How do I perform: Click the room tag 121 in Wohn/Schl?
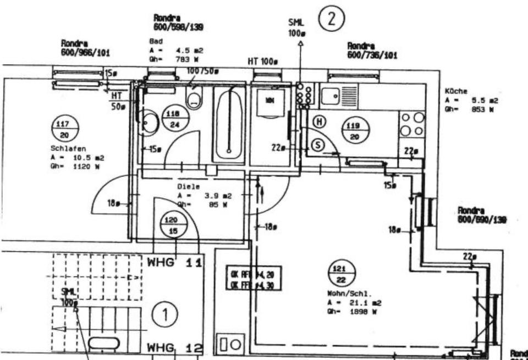[340, 273]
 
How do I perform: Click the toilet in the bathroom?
[194, 99]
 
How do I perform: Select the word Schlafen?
[65, 148]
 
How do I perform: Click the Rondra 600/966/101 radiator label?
[85, 48]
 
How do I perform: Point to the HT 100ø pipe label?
[262, 63]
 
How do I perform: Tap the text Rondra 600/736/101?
[373, 51]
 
